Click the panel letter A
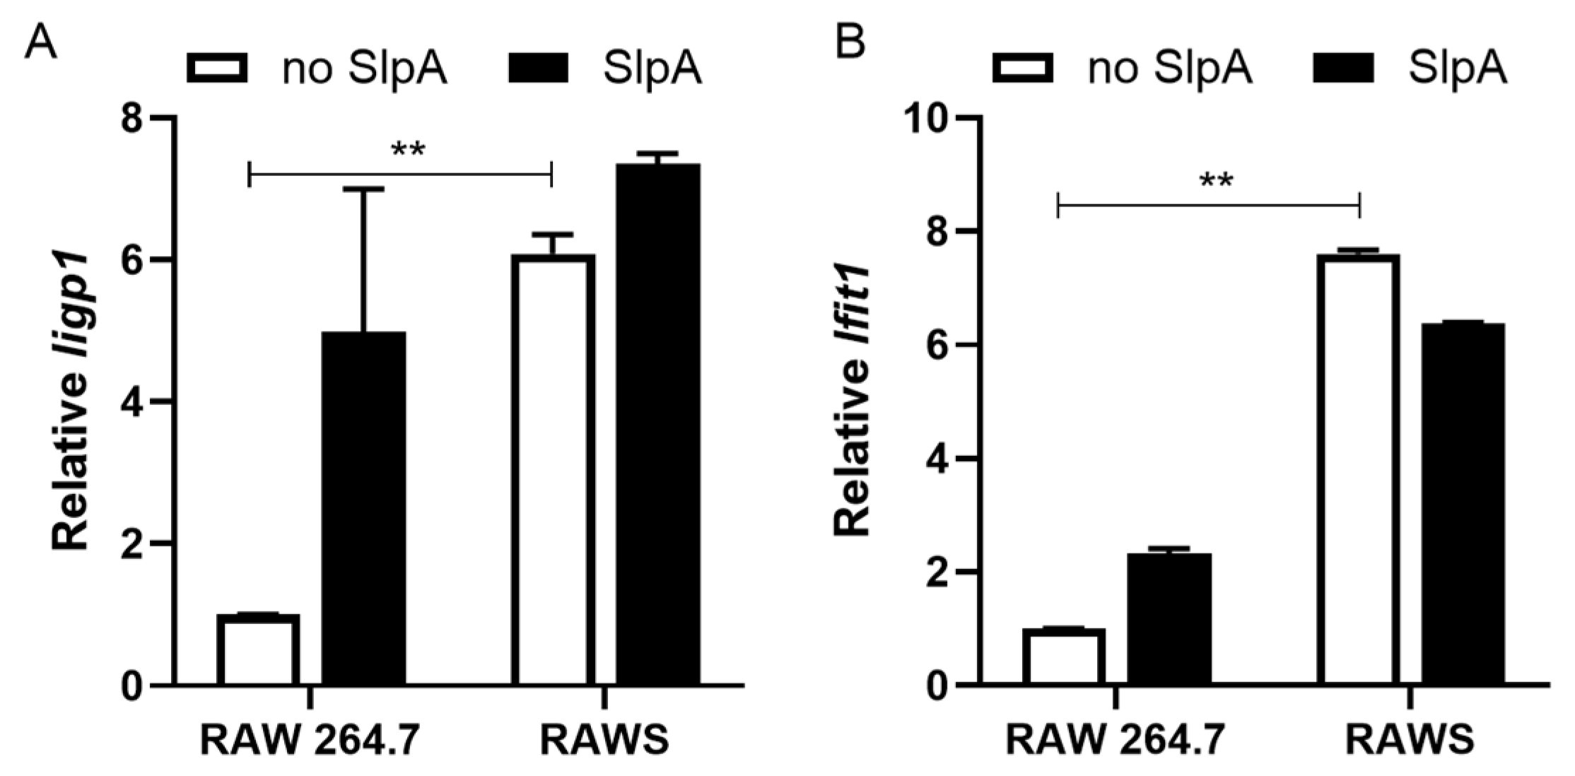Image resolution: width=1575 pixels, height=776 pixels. point(40,44)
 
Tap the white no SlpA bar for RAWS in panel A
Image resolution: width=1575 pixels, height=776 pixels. point(554,470)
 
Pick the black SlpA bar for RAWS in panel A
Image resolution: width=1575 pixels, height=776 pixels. point(657,424)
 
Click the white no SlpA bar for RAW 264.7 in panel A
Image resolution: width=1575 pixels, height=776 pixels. point(258,650)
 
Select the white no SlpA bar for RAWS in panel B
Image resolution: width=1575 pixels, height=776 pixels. point(1359,470)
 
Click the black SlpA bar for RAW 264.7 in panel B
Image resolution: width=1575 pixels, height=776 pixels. point(1169,619)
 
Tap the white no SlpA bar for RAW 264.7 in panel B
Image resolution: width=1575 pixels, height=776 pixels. point(1064,657)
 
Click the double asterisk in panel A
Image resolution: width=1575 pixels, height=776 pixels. point(408,151)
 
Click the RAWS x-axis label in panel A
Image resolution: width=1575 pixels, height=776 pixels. point(604,740)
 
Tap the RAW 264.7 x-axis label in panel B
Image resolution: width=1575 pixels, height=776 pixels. point(1115,740)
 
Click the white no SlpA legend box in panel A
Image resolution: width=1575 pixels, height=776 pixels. point(217,69)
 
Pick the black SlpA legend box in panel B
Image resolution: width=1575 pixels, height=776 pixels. point(1342,69)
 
